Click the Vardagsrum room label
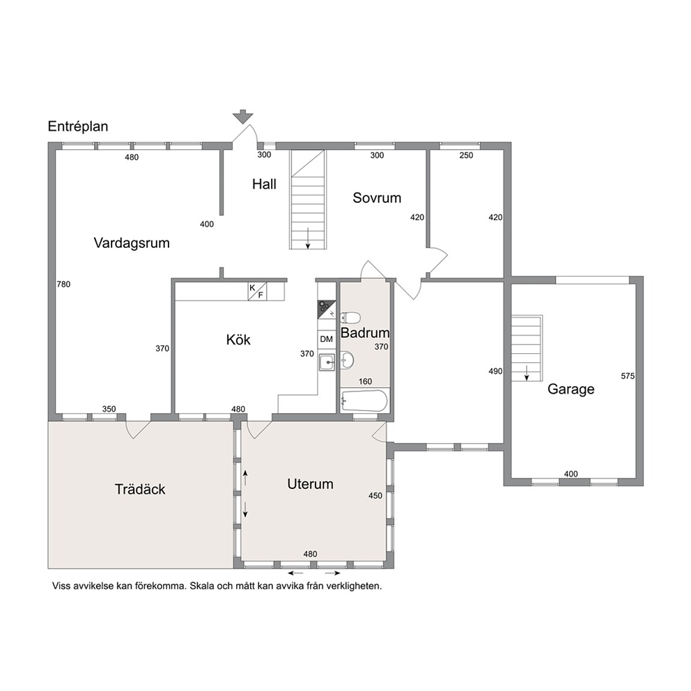[132, 243]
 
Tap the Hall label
[264, 184]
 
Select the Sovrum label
[377, 198]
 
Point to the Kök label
[238, 339]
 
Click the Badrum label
[365, 333]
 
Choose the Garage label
[570, 389]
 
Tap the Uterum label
[310, 484]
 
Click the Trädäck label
[140, 489]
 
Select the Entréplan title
[78, 127]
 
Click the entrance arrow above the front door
[243, 117]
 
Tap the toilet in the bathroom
[350, 318]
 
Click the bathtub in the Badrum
[364, 401]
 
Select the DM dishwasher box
[327, 339]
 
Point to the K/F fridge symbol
[257, 291]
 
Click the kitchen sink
[327, 362]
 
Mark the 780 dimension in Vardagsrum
[63, 284]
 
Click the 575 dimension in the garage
[628, 376]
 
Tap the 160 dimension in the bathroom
[365, 381]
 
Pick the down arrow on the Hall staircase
[308, 238]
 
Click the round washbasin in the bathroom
[347, 361]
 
